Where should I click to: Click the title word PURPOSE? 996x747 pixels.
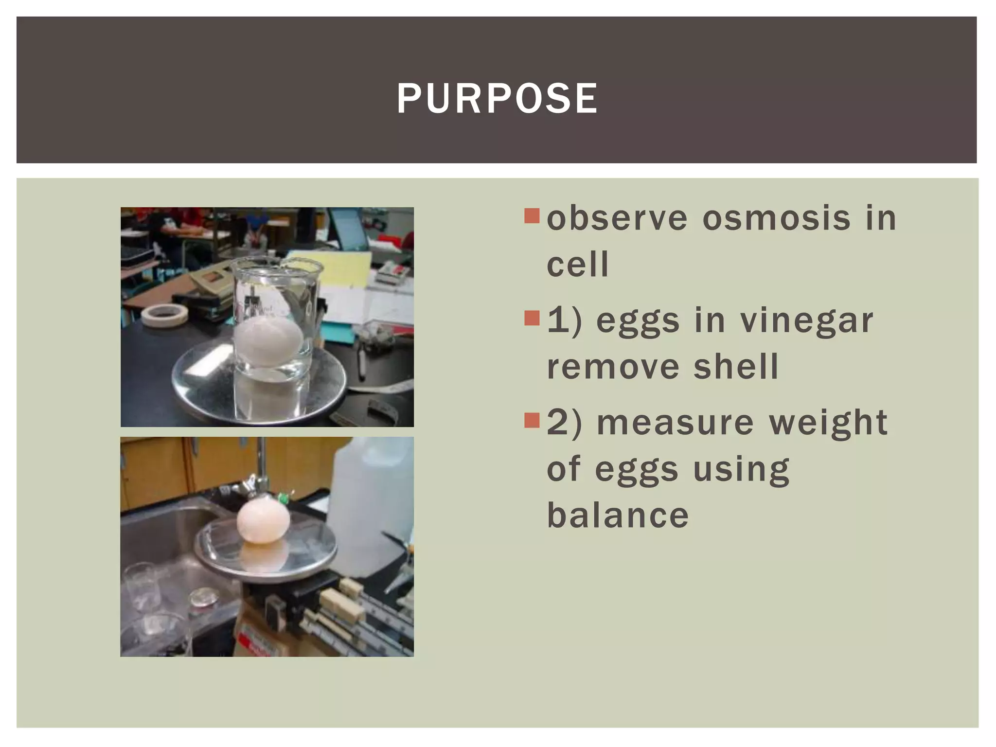click(497, 99)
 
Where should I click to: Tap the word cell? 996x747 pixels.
click(577, 265)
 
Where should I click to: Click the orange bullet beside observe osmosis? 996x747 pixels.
click(532, 215)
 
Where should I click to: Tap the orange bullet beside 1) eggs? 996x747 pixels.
click(532, 318)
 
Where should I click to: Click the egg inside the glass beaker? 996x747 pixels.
click(268, 340)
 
